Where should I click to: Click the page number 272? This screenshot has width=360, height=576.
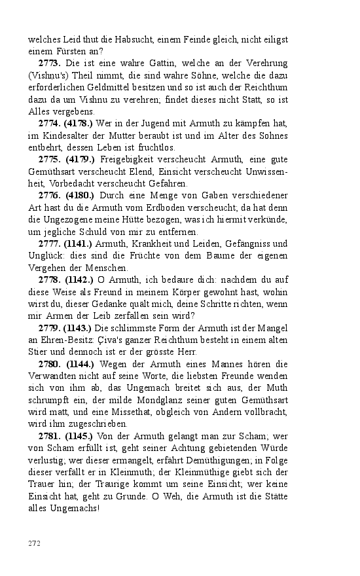click(34, 543)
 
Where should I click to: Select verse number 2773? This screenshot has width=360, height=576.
click(50, 63)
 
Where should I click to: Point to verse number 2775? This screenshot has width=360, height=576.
click(50, 158)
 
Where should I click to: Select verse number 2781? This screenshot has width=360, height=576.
click(50, 435)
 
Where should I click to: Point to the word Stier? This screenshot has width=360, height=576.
click(38, 351)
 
